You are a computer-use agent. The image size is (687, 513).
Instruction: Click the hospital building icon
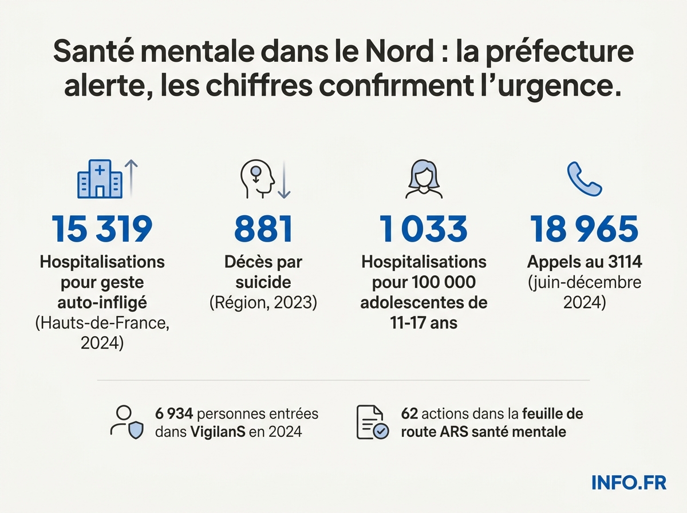(x=100, y=179)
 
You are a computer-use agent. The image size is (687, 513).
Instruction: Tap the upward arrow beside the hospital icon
(x=131, y=178)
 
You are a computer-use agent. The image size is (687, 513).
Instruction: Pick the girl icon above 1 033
(x=424, y=179)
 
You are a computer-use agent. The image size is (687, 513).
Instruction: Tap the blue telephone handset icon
(x=584, y=179)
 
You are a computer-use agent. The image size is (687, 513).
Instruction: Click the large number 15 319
(x=102, y=228)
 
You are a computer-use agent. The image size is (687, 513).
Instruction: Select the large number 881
(x=263, y=228)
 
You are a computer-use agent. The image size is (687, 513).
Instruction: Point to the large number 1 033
(x=424, y=228)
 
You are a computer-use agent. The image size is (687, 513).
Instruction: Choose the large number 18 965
(x=584, y=228)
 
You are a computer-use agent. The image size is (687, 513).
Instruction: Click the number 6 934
(x=175, y=413)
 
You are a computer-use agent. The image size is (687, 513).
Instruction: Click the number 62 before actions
(x=410, y=413)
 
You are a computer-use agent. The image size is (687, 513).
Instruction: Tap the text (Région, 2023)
(x=263, y=302)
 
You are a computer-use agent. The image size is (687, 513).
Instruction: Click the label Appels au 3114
(x=584, y=263)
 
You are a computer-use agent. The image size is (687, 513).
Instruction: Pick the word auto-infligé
(x=102, y=302)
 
